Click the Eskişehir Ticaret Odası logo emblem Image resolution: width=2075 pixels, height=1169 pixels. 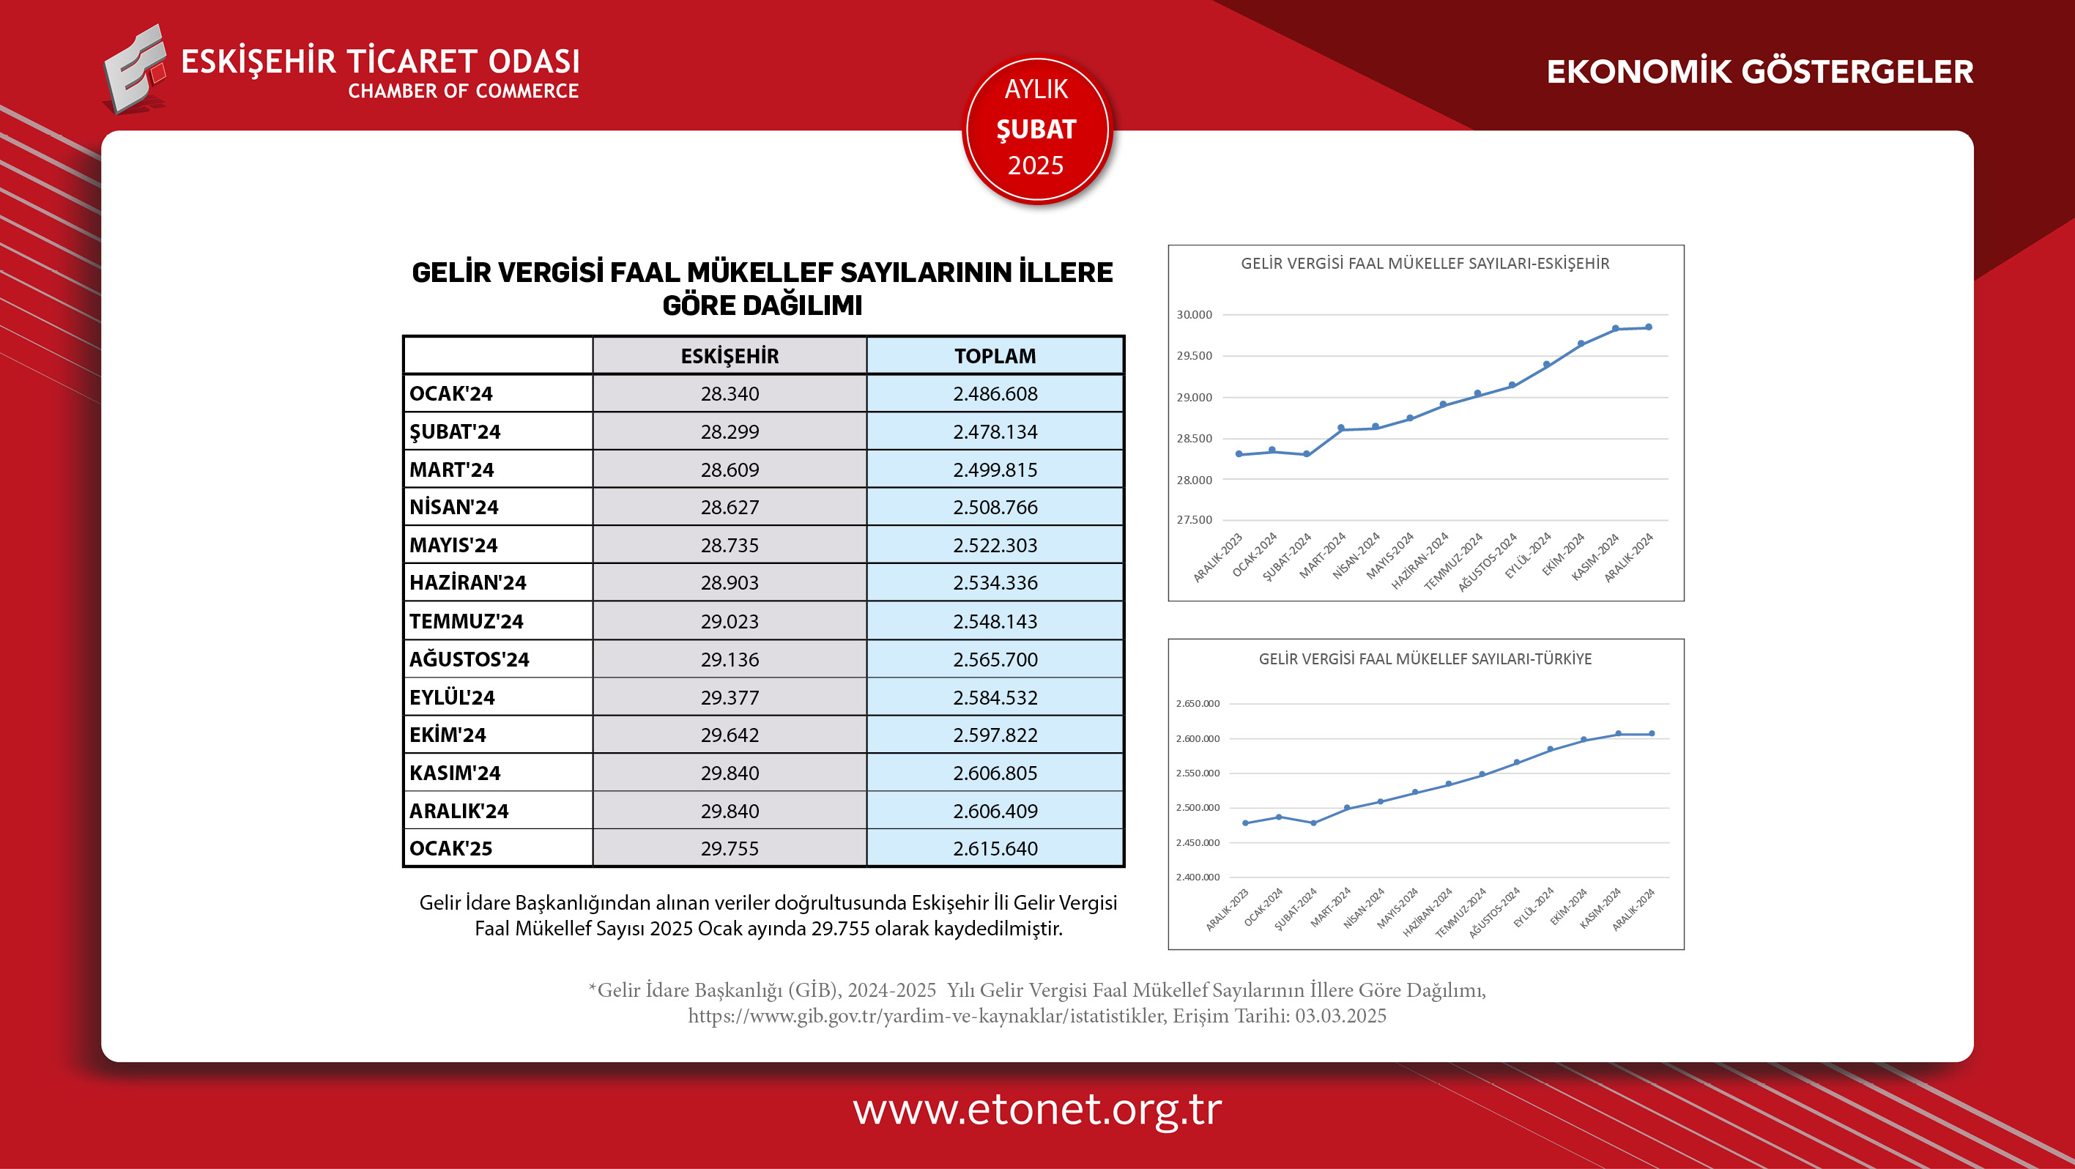(135, 70)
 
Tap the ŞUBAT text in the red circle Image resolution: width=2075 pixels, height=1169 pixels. (1036, 129)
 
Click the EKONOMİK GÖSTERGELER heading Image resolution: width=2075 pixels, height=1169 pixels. (1759, 72)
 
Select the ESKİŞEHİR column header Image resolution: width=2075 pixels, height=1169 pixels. (729, 356)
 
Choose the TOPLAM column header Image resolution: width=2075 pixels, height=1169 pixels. (995, 356)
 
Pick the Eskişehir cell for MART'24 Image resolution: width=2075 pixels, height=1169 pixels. (729, 470)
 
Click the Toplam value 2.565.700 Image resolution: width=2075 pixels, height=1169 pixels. (995, 660)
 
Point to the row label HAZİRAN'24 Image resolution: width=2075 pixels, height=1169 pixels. (467, 583)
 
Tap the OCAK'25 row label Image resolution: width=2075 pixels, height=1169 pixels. (450, 848)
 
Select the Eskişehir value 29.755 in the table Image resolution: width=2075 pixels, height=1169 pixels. (729, 848)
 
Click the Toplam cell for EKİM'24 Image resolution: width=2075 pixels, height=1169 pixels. (995, 735)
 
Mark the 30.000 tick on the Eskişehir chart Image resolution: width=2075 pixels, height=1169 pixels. (1194, 315)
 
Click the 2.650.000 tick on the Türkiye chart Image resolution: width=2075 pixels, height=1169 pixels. (1198, 704)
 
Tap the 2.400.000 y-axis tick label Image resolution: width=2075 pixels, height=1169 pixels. (1198, 877)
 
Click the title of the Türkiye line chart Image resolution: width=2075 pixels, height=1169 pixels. (1425, 659)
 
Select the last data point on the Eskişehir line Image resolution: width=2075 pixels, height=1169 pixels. (1649, 327)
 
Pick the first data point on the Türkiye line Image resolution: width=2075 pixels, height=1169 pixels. (1245, 823)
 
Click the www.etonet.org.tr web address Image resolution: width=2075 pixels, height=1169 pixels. (1036, 1110)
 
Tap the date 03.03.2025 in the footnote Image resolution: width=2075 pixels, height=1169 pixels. (1340, 1016)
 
